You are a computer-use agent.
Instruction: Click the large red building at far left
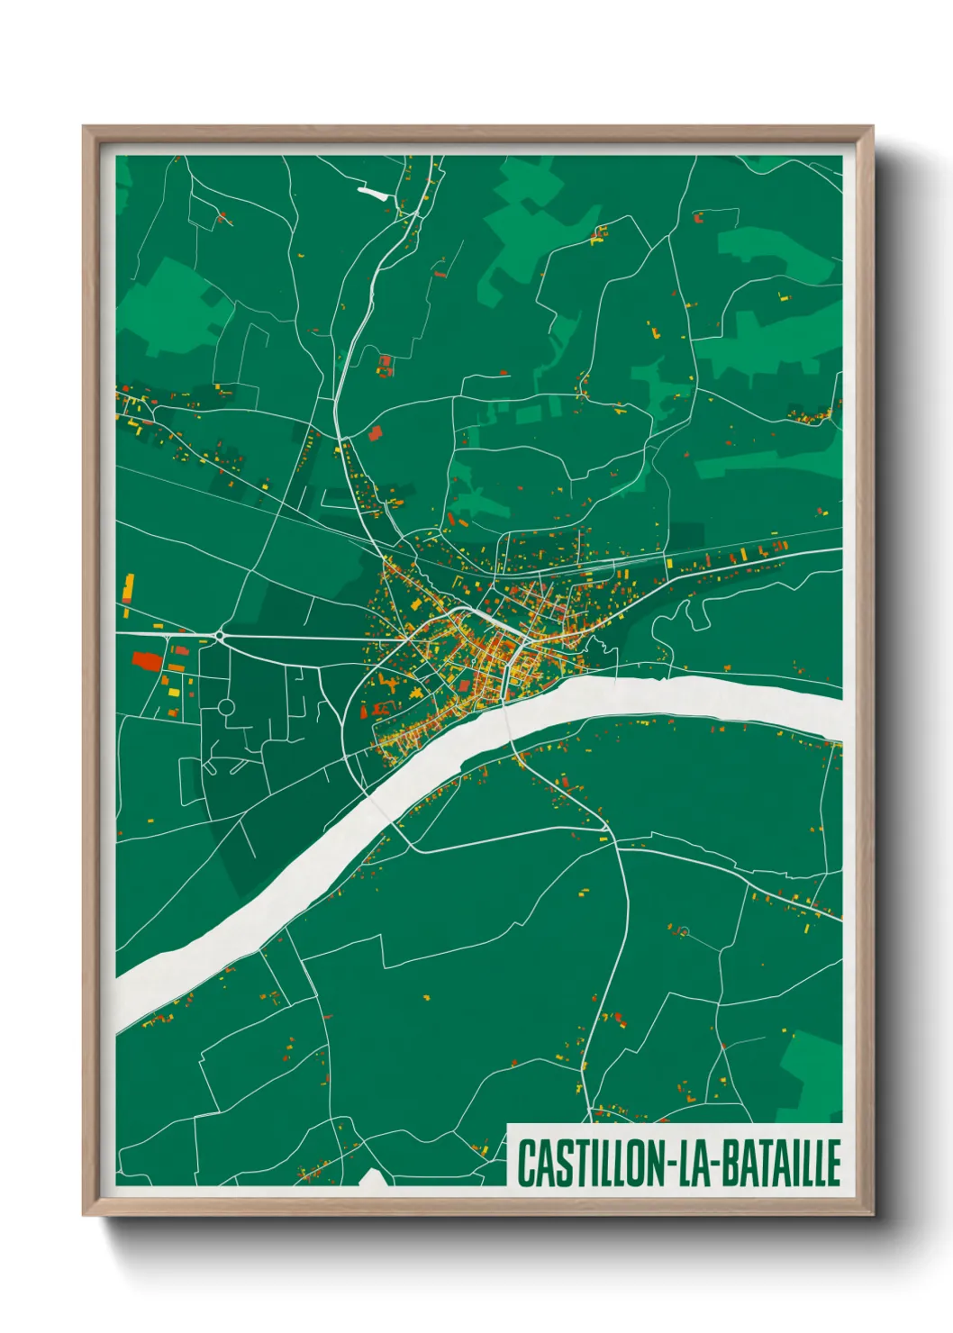pyautogui.click(x=147, y=662)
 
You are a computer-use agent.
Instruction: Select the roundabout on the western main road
pyautogui.click(x=221, y=636)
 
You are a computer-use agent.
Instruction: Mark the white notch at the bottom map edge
pyautogui.click(x=372, y=1178)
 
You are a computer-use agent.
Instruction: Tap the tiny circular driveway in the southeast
pyautogui.click(x=683, y=931)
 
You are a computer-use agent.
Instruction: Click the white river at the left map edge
pyautogui.click(x=126, y=1000)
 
